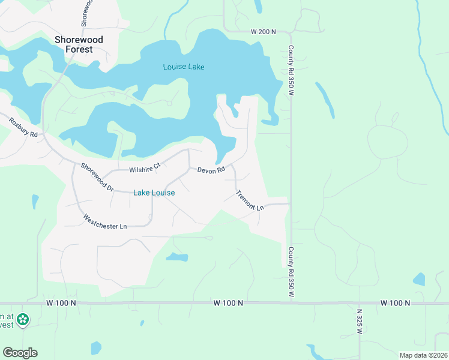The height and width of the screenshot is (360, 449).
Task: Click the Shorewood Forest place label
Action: (79, 44)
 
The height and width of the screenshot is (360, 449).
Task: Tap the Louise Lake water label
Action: (184, 67)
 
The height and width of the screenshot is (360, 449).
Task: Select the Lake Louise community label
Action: (154, 193)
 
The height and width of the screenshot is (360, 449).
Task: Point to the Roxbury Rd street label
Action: (23, 127)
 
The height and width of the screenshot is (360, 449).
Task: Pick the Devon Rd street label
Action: (211, 170)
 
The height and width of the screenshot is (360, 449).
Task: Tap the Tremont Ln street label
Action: (250, 200)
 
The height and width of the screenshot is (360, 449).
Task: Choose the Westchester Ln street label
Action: (105, 221)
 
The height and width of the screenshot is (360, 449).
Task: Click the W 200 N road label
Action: (263, 31)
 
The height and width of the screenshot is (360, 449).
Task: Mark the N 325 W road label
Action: (360, 322)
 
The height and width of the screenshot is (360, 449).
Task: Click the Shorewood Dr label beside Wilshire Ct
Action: (97, 178)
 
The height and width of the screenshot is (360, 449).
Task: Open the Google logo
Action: (20, 353)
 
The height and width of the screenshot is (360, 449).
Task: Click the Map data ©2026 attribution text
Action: (423, 355)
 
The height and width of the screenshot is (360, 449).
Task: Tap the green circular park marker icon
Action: (23, 319)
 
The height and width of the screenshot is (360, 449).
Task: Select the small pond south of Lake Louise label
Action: (176, 257)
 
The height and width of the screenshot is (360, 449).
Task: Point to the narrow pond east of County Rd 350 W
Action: (325, 99)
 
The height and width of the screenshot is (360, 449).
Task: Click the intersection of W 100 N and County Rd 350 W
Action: (291, 303)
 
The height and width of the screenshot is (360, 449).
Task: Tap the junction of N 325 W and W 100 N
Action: (360, 303)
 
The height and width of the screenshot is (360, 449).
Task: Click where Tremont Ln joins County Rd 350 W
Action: (290, 204)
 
